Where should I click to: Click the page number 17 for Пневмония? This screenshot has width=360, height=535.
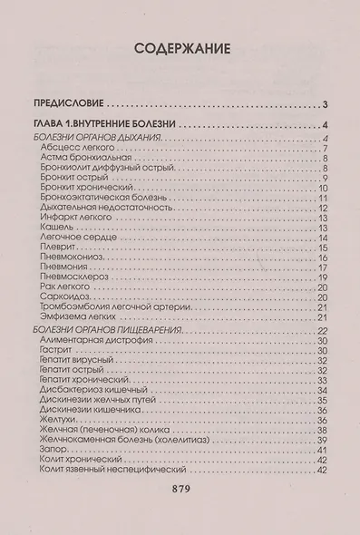tap(322, 268)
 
